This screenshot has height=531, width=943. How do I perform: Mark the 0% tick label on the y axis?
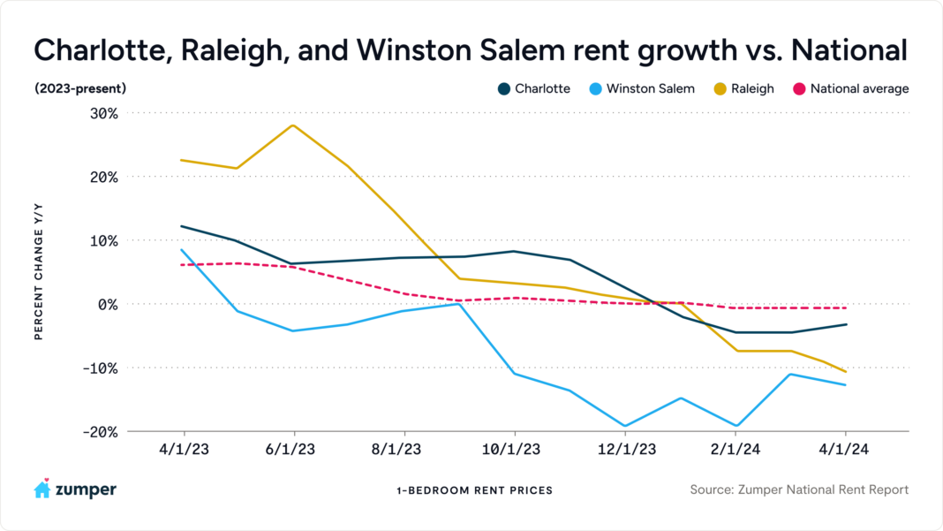(109, 304)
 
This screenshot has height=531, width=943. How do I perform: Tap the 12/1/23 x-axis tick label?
(625, 450)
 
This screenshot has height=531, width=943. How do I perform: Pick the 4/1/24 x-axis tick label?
(845, 450)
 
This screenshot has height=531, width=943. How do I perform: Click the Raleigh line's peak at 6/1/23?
(293, 125)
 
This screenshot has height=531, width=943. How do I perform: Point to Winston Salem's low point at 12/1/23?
(625, 426)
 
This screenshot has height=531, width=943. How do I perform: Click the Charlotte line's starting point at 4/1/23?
(181, 226)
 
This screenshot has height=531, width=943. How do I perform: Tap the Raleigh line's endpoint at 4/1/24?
(846, 371)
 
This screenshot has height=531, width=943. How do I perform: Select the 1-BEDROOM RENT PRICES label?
(475, 490)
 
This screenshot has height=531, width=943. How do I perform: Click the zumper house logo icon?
(42, 489)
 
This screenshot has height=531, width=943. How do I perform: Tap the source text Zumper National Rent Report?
(799, 489)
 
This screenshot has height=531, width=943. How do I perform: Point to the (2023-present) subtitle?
(80, 88)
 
